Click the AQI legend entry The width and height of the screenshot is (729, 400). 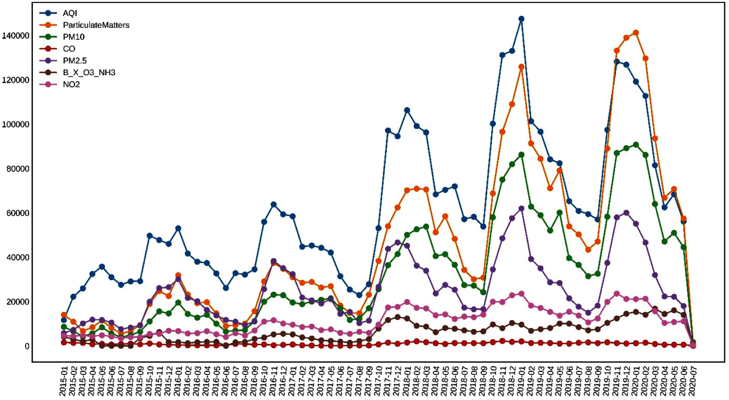point(70,13)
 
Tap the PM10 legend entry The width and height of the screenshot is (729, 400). point(74,37)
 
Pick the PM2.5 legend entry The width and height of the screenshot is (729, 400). point(75,61)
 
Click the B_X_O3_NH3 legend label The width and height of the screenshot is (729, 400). point(89,73)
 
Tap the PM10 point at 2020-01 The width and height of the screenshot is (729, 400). point(636,145)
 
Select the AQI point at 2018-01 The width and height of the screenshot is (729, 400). point(407,110)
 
